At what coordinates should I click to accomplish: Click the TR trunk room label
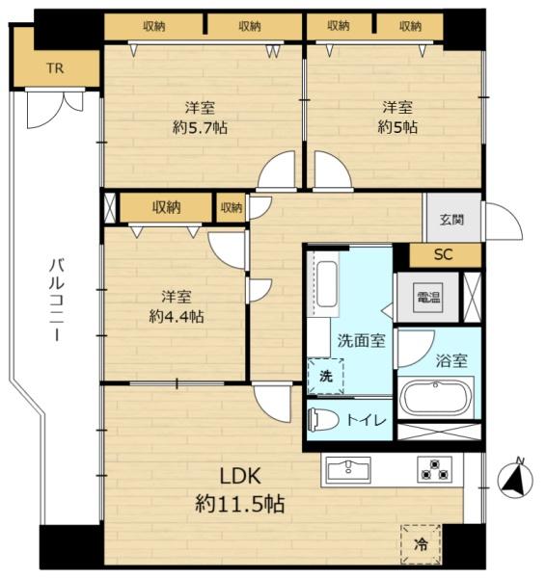(55, 68)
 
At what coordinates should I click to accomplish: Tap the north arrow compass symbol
(515, 479)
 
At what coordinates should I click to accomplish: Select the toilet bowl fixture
(325, 419)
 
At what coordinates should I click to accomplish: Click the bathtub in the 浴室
(436, 398)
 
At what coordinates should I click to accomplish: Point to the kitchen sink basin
(348, 470)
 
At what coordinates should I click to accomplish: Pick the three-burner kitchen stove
(434, 469)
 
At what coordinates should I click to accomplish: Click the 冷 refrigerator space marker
(421, 544)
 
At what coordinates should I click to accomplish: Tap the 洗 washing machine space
(326, 377)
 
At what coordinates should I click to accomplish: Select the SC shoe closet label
(443, 254)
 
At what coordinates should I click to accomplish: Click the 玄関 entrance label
(451, 220)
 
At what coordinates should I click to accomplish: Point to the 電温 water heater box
(428, 298)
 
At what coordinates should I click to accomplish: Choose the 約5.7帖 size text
(200, 128)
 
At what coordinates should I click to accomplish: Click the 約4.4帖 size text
(177, 316)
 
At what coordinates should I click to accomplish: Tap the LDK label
(240, 476)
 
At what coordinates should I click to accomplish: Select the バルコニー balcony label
(57, 300)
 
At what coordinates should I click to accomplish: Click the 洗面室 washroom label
(362, 341)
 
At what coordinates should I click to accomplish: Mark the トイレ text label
(367, 420)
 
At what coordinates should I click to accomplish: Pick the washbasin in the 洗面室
(327, 284)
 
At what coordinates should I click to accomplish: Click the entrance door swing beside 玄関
(504, 222)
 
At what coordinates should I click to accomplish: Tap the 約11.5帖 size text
(240, 504)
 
